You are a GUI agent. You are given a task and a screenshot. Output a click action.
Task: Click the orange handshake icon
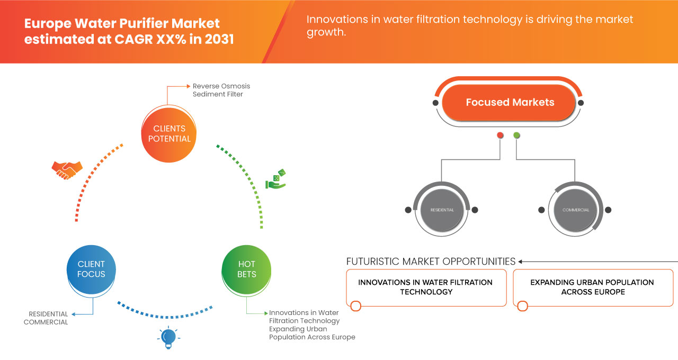pos(67,170)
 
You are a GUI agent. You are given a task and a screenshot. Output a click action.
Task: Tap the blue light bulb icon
pos(168,338)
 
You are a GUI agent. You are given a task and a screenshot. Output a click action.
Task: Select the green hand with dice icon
pos(275,179)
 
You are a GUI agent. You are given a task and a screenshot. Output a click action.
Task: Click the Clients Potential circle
pos(169,134)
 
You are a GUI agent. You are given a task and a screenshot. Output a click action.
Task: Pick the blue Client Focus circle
pos(91,269)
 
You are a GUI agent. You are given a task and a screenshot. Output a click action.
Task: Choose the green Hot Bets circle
pos(246,269)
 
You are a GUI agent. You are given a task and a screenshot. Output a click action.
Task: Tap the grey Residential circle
pos(442,210)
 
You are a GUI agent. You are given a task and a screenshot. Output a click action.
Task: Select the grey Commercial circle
pos(575,210)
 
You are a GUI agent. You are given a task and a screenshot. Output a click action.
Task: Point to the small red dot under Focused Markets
pos(500,135)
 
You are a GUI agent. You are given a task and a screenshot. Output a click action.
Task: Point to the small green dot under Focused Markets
pos(516,135)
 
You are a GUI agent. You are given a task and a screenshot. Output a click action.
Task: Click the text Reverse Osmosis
pos(221,86)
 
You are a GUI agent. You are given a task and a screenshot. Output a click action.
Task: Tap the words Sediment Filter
pos(218,94)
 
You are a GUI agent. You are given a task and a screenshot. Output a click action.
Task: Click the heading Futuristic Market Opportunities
pos(431,262)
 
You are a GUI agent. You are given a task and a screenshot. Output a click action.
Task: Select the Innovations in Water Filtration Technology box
pos(426,287)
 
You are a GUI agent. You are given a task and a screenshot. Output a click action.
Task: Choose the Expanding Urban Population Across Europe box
pos(593,287)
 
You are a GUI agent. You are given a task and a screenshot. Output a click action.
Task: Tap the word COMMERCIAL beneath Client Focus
pos(46,322)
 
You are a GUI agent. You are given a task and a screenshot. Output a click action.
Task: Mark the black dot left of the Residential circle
pos(408,210)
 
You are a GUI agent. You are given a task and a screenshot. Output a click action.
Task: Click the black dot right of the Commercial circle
pos(608,210)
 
